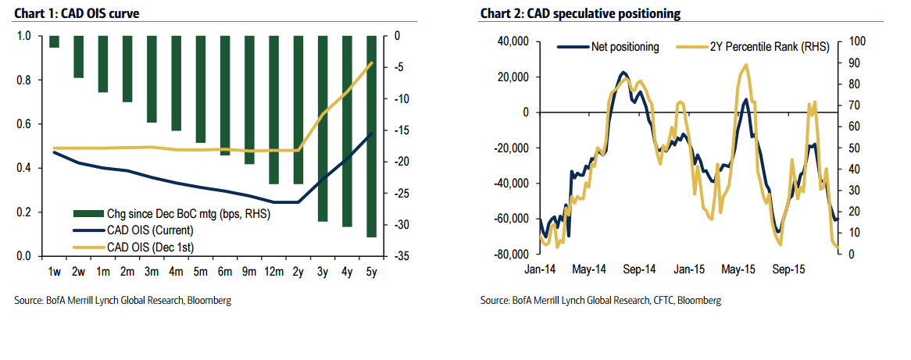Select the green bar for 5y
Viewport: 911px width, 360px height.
[x=372, y=136]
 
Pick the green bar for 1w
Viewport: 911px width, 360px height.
[x=54, y=41]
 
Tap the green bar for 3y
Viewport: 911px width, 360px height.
[x=322, y=128]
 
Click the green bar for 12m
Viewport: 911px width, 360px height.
[x=273, y=109]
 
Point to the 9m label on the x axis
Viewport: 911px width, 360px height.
[x=249, y=271]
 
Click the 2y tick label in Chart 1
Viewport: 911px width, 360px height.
[x=298, y=271]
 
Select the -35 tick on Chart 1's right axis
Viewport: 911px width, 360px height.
[x=396, y=256]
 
